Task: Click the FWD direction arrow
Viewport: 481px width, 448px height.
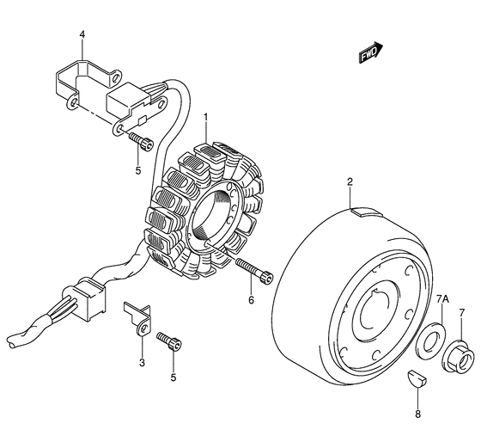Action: (371, 52)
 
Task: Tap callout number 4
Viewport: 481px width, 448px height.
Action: (82, 34)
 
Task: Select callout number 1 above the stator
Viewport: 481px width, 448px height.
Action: (206, 117)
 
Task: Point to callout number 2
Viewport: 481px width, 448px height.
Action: (350, 181)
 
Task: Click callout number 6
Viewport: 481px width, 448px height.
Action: (251, 299)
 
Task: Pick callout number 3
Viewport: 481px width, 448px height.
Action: (142, 363)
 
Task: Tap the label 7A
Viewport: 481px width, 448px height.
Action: (442, 299)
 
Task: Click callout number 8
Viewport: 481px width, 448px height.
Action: (417, 414)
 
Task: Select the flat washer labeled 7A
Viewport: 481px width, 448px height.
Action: (429, 340)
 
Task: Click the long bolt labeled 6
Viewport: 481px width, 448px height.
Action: (254, 271)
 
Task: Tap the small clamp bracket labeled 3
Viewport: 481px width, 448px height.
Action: (138, 318)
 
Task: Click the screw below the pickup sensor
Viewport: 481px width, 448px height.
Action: (141, 141)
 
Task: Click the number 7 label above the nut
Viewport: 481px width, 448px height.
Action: (462, 313)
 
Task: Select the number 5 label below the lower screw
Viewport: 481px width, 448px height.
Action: (174, 377)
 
